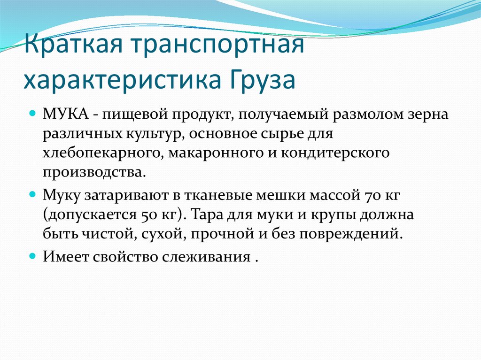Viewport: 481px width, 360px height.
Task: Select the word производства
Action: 92,172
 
